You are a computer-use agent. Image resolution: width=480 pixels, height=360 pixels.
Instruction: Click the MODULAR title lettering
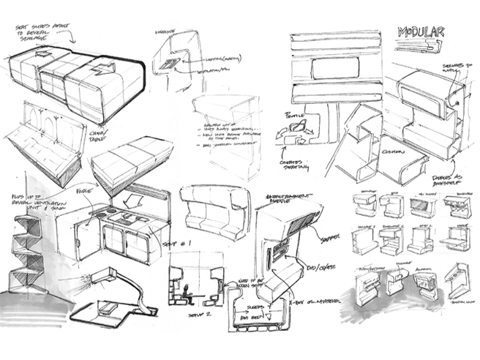(x=420, y=32)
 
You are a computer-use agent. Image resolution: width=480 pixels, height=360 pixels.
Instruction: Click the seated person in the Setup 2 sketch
(x=188, y=292)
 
